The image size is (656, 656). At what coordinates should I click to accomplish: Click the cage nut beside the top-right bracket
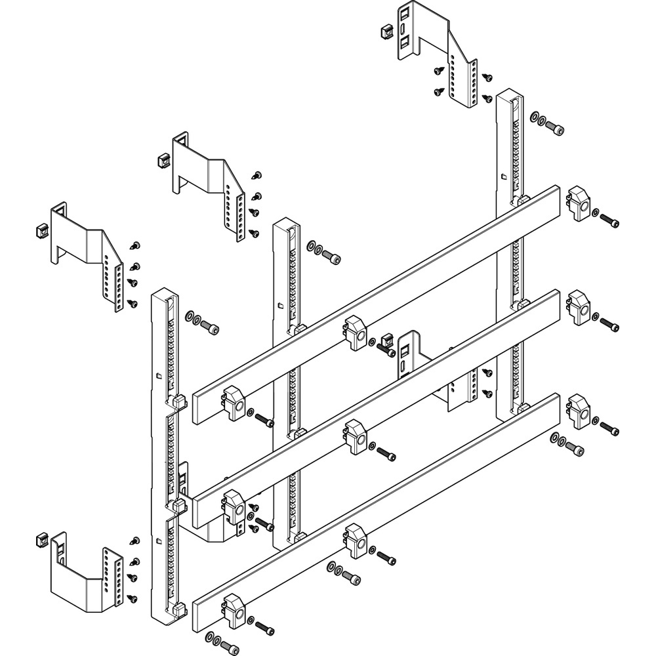(x=386, y=31)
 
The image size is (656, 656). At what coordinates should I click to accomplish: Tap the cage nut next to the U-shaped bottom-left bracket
(x=39, y=539)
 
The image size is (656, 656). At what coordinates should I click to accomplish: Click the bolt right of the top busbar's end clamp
(x=609, y=220)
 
